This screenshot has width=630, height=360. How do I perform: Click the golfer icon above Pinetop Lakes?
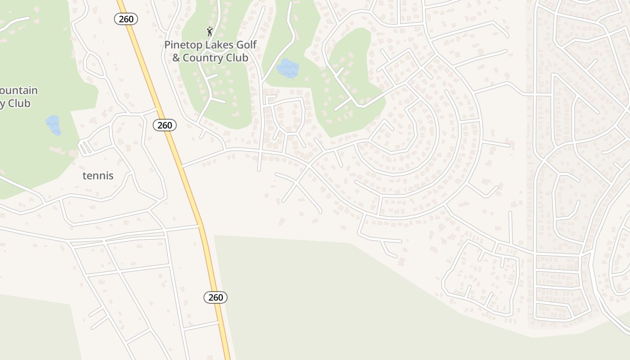click(209, 31)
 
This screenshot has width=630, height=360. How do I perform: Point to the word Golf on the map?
click(247, 45)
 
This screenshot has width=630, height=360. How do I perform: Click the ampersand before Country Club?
click(176, 58)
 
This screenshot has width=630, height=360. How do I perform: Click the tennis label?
click(98, 175)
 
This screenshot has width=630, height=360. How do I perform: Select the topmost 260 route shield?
click(126, 19)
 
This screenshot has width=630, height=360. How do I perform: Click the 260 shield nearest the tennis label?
click(165, 125)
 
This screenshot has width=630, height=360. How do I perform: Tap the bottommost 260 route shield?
click(216, 297)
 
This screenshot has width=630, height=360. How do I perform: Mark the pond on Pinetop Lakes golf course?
click(288, 68)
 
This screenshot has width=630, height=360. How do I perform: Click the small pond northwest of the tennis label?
click(53, 125)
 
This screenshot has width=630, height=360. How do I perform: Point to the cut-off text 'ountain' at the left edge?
click(19, 90)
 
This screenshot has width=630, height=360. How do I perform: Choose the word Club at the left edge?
click(19, 103)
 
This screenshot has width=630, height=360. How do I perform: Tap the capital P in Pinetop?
click(167, 45)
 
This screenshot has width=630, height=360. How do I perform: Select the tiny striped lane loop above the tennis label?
click(85, 147)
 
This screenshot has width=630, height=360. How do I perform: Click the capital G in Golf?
click(242, 45)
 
